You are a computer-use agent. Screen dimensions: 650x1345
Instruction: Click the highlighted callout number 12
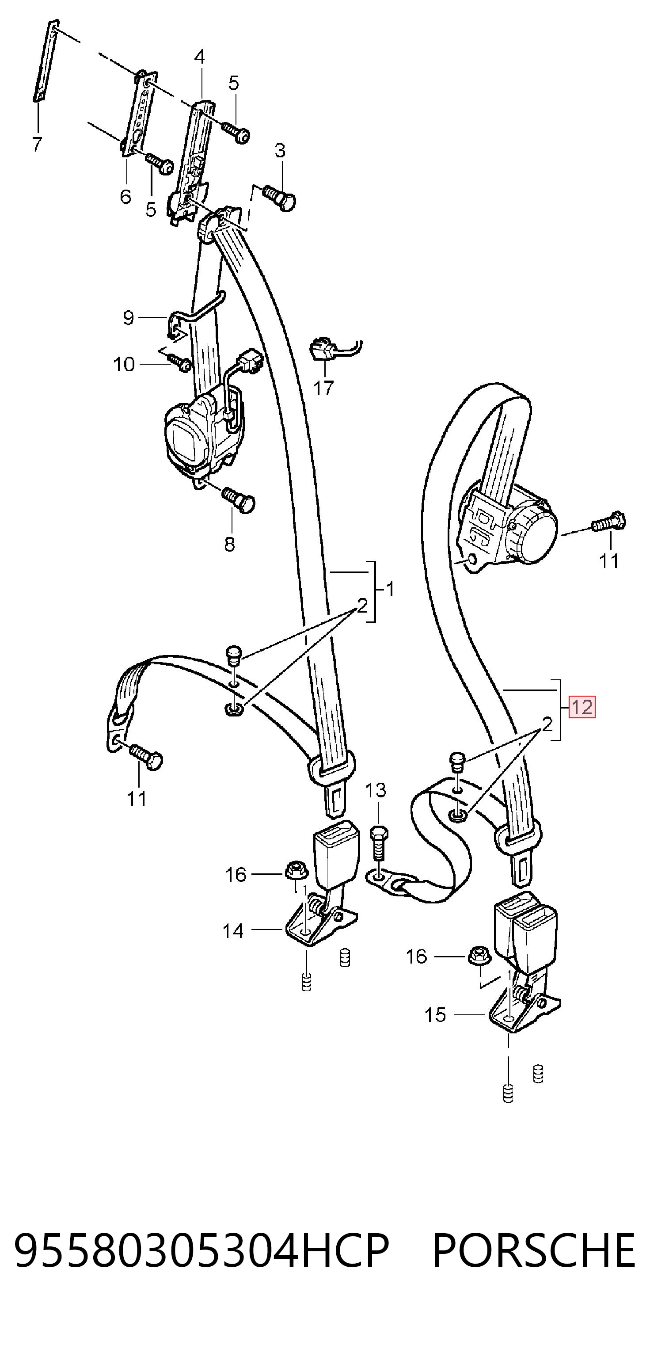pyautogui.click(x=582, y=708)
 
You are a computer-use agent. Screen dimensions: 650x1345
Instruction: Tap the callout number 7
pyautogui.click(x=37, y=144)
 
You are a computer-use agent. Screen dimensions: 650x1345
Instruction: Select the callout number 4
pyautogui.click(x=199, y=57)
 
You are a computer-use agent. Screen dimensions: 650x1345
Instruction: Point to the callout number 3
pyautogui.click(x=280, y=151)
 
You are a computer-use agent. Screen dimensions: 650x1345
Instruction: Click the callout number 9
pyautogui.click(x=129, y=317)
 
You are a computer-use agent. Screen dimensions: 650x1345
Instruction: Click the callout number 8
pyautogui.click(x=230, y=544)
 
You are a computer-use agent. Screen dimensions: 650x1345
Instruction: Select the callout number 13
pyautogui.click(x=376, y=790)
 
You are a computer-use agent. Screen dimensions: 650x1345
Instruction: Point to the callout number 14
pyautogui.click(x=233, y=931)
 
